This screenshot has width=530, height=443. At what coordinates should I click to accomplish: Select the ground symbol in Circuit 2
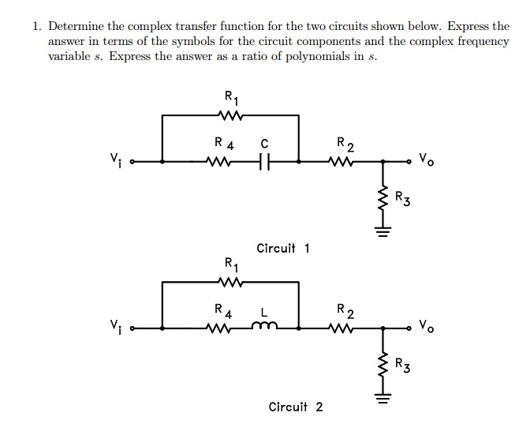383,396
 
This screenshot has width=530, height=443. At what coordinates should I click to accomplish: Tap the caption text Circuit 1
283,248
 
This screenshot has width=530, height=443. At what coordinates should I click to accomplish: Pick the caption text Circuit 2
296,407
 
